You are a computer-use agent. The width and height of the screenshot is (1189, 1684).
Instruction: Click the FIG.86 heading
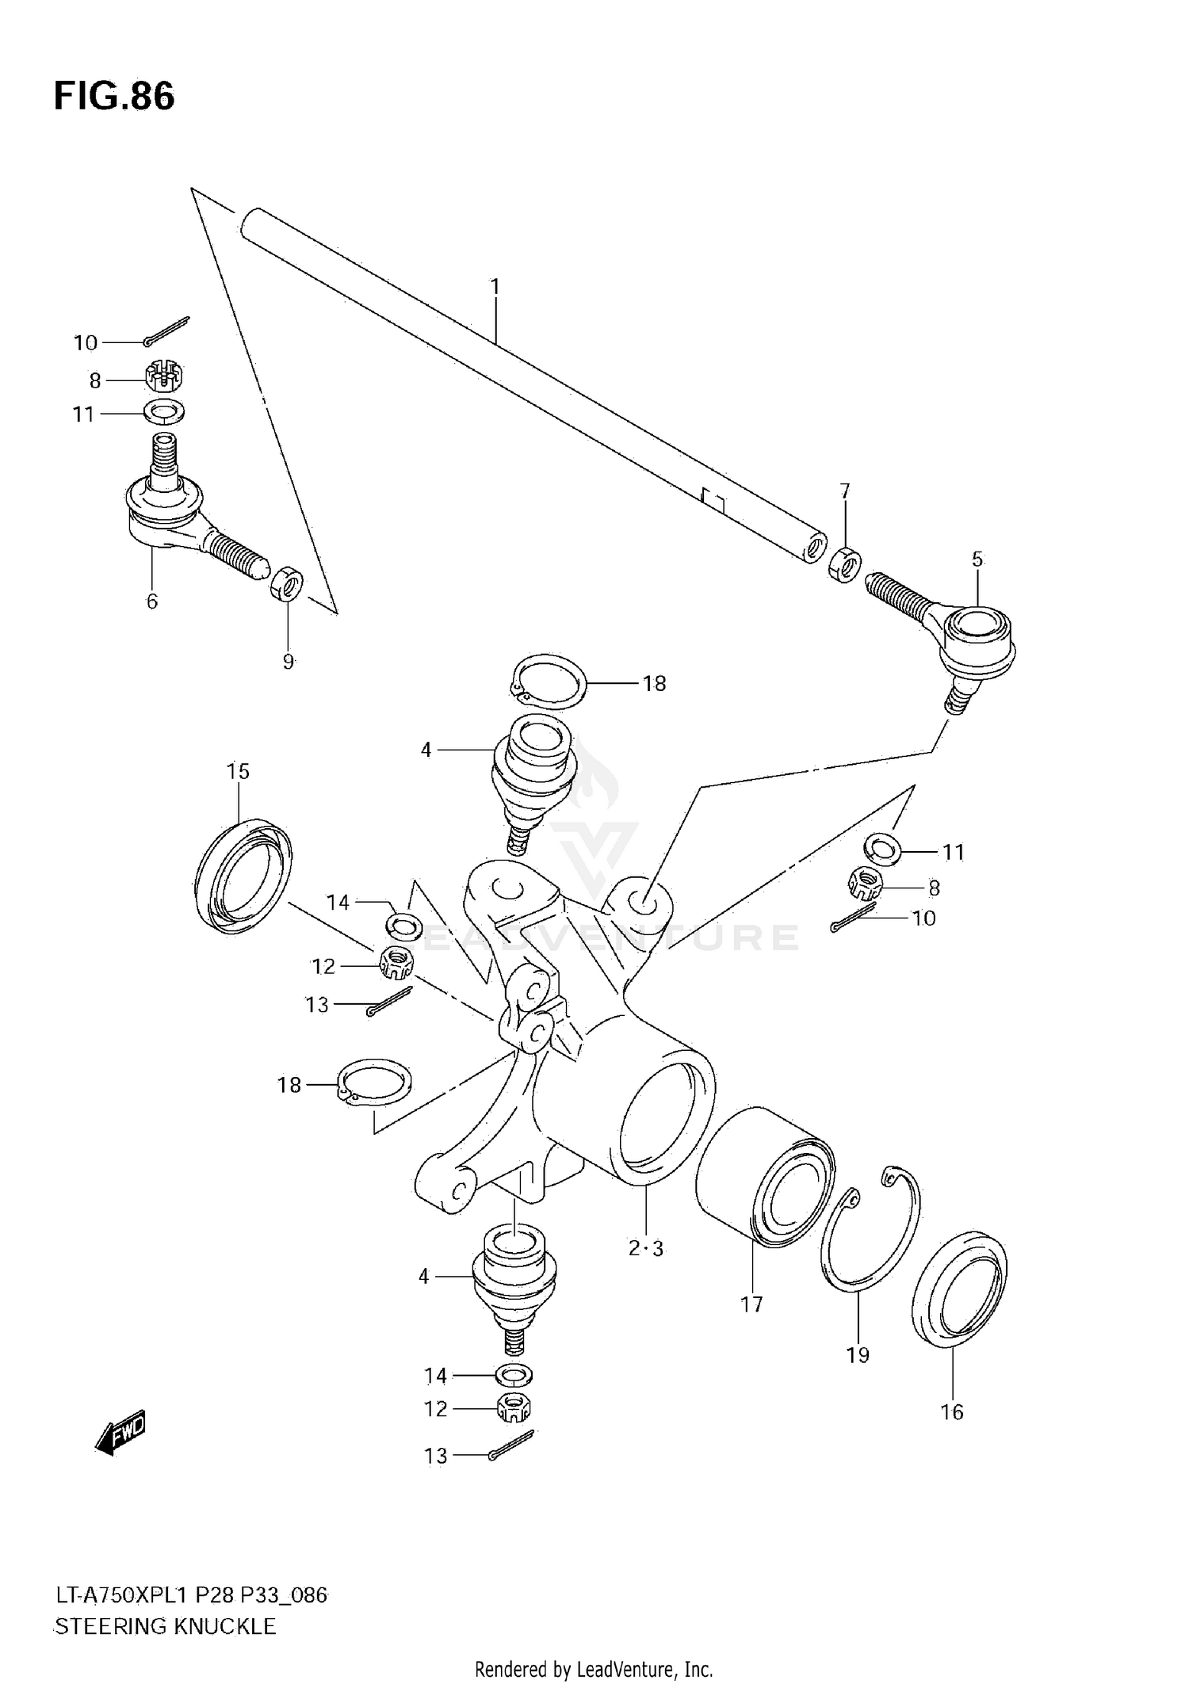point(114,97)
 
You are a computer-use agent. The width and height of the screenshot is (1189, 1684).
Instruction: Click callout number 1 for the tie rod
point(495,287)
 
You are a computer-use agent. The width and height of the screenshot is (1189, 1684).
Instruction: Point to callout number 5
point(977,559)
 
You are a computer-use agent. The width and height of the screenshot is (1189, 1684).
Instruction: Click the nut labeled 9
point(285,582)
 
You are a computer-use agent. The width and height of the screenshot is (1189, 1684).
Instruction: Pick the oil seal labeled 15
point(242,876)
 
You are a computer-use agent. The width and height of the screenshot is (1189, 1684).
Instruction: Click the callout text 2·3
point(646,1249)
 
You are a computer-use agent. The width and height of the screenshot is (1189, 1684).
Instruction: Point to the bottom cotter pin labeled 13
point(512,1446)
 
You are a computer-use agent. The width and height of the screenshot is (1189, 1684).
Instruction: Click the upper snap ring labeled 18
point(546,682)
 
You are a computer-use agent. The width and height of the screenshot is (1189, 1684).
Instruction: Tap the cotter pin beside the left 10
point(167,331)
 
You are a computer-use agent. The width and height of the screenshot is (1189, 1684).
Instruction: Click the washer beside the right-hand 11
point(881,850)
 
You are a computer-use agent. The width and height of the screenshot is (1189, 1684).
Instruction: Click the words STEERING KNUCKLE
point(166,1627)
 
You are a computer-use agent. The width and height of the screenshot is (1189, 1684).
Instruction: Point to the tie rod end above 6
point(190,515)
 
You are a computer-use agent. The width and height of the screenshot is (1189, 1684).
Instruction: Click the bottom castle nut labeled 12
point(514,1408)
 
